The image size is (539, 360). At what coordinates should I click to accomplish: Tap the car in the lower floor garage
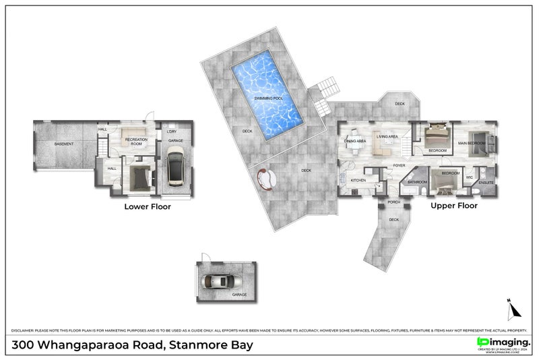click(x=176, y=167)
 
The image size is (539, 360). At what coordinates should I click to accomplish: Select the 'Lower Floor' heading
click(x=147, y=207)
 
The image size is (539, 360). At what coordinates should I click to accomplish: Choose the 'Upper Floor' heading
click(x=454, y=206)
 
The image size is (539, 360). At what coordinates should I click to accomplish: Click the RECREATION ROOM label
click(x=135, y=142)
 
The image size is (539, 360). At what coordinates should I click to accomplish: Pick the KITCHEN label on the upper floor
click(x=358, y=181)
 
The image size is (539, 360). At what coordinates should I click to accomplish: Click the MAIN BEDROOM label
click(x=471, y=143)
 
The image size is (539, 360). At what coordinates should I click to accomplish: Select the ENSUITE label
click(x=486, y=183)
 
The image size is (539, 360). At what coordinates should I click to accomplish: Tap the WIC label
click(x=470, y=177)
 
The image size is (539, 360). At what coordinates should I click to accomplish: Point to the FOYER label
click(x=399, y=164)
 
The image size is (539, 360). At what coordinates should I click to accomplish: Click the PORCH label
click(x=394, y=202)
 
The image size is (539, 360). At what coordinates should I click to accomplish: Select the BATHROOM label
click(x=418, y=182)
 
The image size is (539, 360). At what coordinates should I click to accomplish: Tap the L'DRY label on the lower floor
click(x=172, y=131)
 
